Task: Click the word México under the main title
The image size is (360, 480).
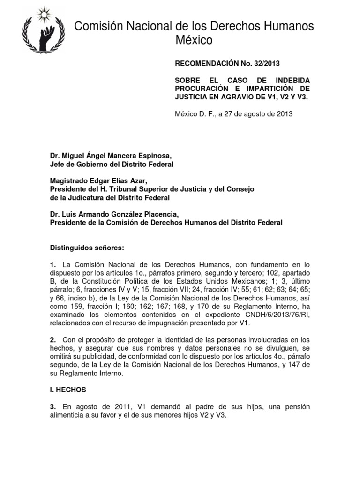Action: coord(194,41)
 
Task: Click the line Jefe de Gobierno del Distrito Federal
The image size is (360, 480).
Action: coord(112,164)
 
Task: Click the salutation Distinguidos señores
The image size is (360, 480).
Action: coord(88,247)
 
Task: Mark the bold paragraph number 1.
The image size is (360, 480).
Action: coord(53,265)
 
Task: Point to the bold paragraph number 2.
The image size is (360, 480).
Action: coord(53,339)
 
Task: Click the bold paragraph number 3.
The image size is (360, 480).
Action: coord(53,406)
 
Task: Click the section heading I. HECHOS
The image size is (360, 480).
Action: coord(68,390)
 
